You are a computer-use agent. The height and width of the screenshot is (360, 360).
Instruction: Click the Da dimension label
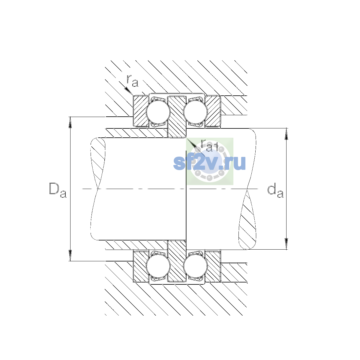(58, 190)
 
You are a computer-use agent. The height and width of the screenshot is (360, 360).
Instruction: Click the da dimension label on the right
(275, 191)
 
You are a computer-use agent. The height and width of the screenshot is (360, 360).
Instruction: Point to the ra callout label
(133, 81)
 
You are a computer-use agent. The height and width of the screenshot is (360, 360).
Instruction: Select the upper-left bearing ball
(158, 112)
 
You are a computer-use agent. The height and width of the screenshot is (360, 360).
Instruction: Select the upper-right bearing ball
(196, 112)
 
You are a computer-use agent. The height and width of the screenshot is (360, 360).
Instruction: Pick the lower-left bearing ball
(158, 266)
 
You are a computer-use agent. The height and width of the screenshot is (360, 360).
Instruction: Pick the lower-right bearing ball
(196, 266)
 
